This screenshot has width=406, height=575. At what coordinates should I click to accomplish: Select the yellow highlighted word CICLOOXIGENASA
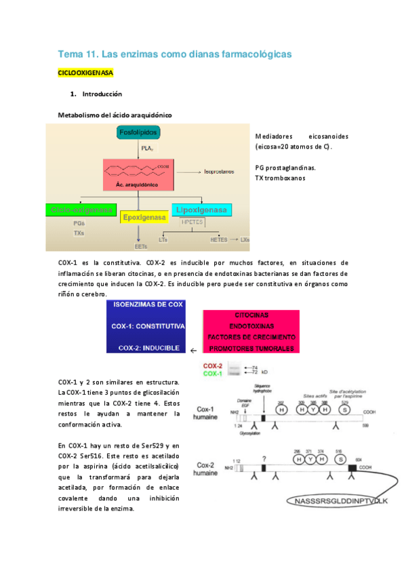click(x=85, y=72)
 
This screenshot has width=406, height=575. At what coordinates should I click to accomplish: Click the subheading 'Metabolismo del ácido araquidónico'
click(x=115, y=115)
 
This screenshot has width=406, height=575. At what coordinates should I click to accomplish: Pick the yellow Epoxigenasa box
click(x=144, y=218)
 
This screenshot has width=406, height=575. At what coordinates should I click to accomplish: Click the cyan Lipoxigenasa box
click(x=201, y=210)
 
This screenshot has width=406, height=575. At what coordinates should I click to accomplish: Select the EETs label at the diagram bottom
click(x=141, y=246)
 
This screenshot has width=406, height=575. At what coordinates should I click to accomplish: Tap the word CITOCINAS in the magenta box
click(x=251, y=315)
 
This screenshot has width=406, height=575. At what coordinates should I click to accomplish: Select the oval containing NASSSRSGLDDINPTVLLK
click(x=336, y=500)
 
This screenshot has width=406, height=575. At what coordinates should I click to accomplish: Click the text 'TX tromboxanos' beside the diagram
click(x=280, y=178)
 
